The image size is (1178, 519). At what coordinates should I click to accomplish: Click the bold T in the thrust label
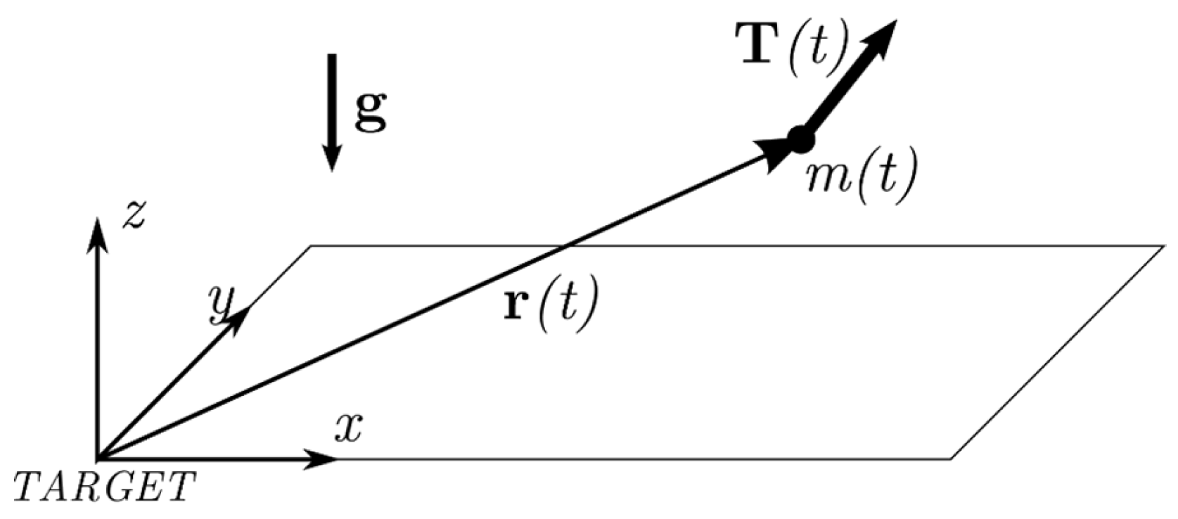[x=760, y=44]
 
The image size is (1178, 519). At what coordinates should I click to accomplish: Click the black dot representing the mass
[x=800, y=139]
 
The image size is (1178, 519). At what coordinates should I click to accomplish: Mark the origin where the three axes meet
[x=98, y=459]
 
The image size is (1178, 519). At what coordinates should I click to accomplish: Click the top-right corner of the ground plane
[x=1163, y=246]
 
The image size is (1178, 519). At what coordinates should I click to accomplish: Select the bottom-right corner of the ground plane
[x=952, y=459]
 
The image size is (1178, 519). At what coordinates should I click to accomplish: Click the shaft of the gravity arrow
[x=331, y=98]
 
